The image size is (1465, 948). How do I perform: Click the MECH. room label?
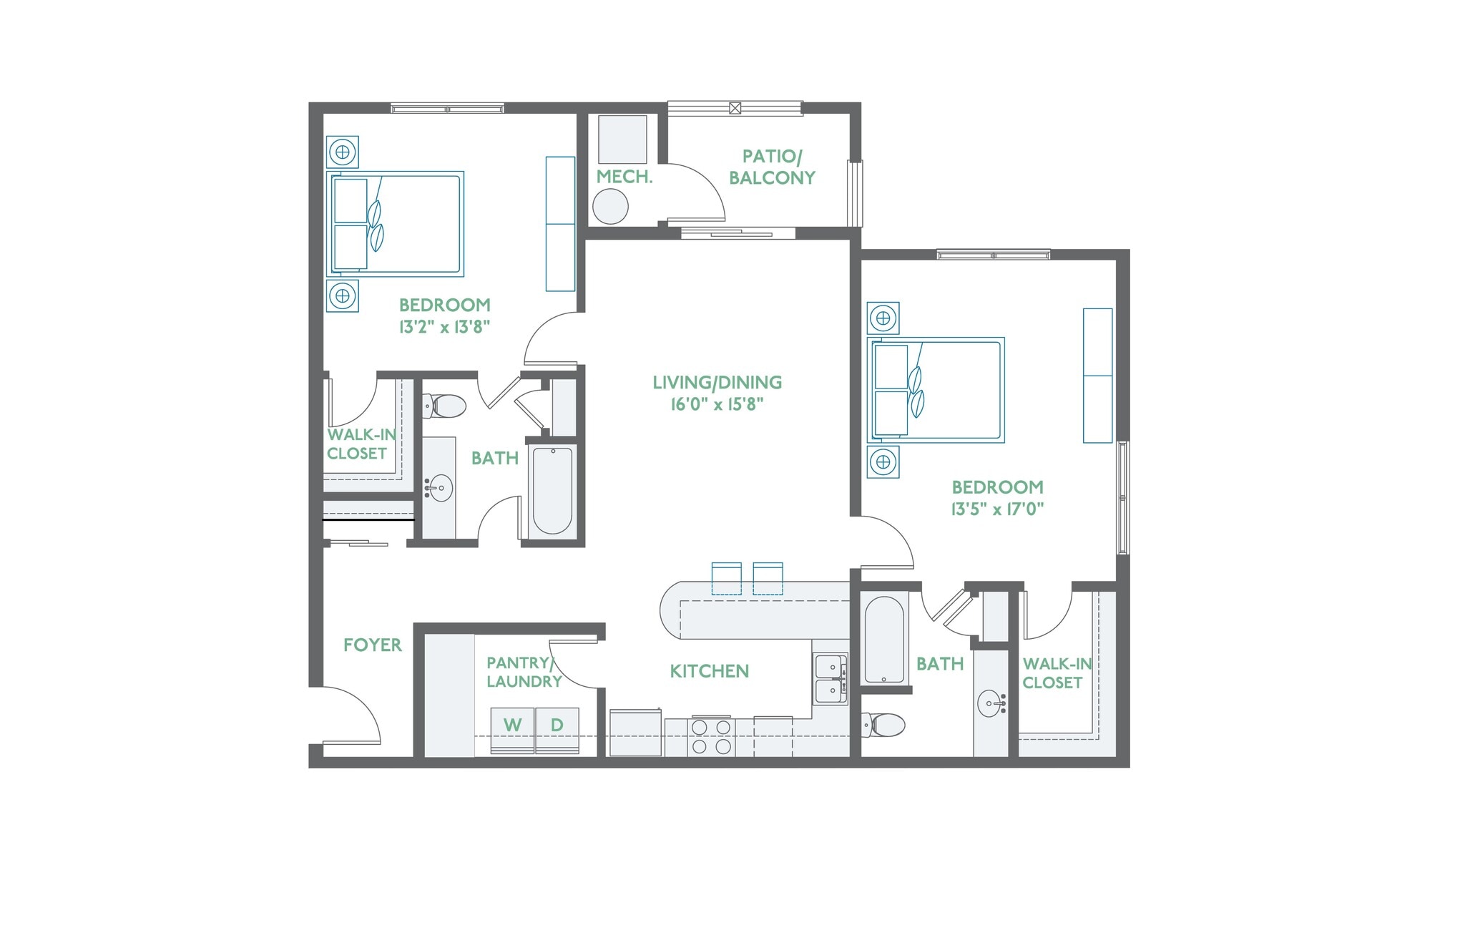[624, 177]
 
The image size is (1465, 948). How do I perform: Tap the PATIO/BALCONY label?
[772, 167]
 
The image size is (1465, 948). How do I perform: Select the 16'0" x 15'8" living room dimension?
[717, 404]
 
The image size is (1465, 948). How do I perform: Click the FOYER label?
[372, 645]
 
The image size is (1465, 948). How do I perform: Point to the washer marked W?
[512, 729]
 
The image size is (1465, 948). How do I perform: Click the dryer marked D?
[557, 729]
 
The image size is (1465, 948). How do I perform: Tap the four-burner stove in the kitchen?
[711, 737]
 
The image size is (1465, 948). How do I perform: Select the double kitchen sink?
[830, 679]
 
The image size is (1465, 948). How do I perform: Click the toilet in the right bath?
[884, 725]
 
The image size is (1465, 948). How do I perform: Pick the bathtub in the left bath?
[552, 490]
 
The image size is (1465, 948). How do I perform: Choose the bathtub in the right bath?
[884, 640]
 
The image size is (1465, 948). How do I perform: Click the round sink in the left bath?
[438, 489]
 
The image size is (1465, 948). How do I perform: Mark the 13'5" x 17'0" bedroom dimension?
[997, 509]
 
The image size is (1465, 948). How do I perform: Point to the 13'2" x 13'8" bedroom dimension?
[444, 327]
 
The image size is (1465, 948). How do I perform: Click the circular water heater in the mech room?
[610, 207]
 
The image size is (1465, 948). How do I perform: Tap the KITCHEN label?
[709, 671]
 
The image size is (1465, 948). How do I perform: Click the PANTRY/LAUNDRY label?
[524, 672]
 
